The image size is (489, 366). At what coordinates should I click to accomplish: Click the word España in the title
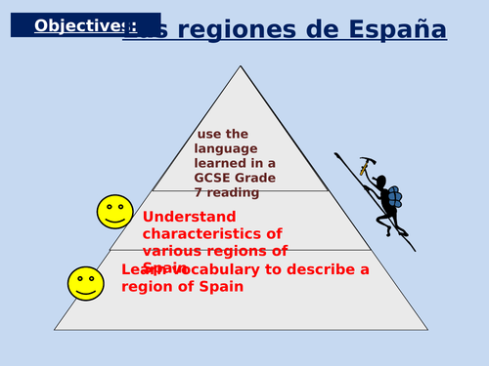coord(397,30)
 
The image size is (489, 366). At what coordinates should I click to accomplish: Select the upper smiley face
coord(114,212)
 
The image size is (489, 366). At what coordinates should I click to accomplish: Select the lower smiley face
coord(85,283)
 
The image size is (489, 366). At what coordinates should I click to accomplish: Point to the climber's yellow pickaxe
coord(365,166)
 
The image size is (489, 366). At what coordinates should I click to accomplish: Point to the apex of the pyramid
coord(241,67)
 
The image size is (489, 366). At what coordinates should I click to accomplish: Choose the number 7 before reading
coord(199,192)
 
